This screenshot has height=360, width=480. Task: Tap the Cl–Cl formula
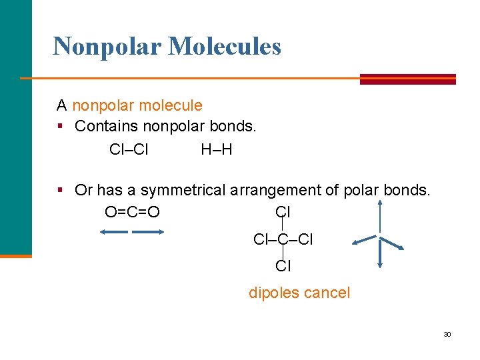[129, 149]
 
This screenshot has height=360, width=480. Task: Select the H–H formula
[217, 149]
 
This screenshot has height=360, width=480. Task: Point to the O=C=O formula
[132, 213]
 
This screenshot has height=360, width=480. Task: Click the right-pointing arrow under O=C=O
[148, 232]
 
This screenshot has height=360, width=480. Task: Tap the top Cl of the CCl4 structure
[283, 213]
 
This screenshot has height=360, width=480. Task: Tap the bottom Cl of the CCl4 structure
[283, 266]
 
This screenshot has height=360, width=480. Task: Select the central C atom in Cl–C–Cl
[283, 239]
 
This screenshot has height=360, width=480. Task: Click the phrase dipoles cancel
[299, 293]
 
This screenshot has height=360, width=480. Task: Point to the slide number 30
[447, 334]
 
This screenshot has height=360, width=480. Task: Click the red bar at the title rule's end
[408, 79]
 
